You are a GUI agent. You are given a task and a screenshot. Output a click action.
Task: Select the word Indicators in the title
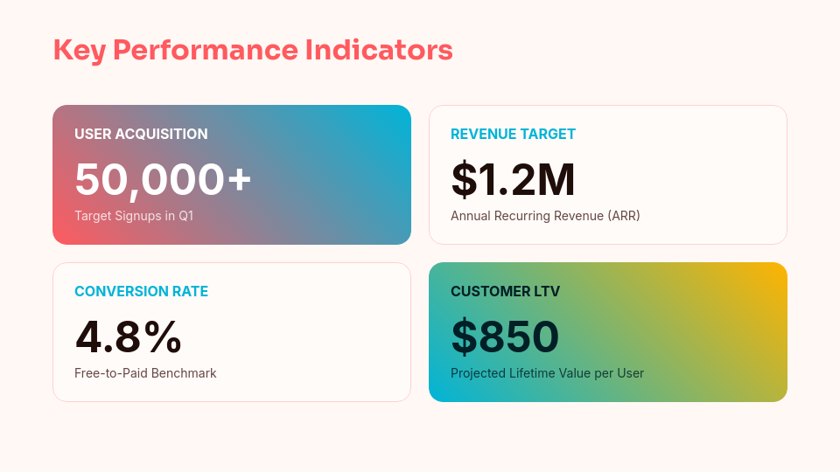pos(379,51)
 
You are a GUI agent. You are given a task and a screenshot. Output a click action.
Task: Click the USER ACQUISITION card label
pos(141,134)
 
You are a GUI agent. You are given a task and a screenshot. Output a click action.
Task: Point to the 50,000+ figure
pos(163,179)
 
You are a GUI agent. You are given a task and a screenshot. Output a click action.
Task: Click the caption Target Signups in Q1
pos(134,216)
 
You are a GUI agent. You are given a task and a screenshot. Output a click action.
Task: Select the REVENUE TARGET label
pos(513,134)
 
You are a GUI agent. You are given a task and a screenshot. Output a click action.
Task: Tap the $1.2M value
pos(513,179)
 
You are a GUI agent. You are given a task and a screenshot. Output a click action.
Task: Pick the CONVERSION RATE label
pos(141,291)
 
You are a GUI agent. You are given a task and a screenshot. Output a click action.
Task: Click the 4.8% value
pos(129,337)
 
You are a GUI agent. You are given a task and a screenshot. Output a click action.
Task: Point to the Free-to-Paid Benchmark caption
pos(145,373)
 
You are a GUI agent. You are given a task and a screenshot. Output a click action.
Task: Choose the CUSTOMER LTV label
pos(505,291)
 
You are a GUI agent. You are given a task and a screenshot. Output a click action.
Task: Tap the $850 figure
pos(505,337)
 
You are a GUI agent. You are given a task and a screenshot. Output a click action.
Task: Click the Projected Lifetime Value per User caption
pos(547,373)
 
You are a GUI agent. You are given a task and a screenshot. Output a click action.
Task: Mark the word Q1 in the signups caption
pos(185,216)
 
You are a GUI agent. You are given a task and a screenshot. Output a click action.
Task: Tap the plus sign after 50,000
pos(239,180)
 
